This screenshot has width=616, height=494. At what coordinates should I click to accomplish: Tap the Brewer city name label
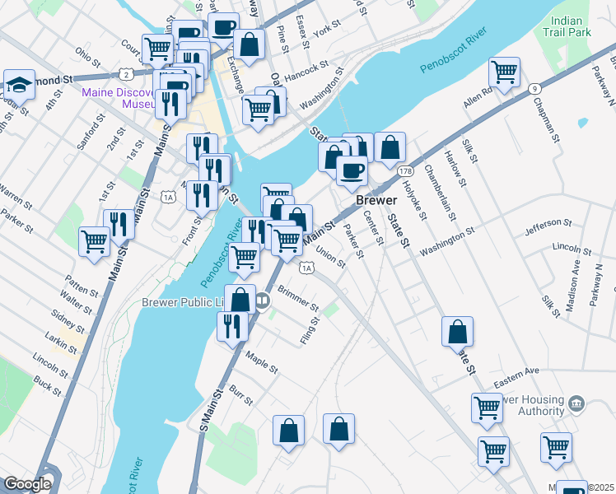[x=377, y=200]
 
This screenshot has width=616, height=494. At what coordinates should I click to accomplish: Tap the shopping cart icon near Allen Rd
[x=504, y=72]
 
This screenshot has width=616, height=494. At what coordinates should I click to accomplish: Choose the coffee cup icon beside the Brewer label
[x=352, y=170]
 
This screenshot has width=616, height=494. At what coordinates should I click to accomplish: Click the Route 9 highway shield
[x=534, y=88]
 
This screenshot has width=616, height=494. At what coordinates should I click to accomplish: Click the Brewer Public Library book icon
[x=262, y=301]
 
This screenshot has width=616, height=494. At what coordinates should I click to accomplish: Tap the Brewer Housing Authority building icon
[x=576, y=403]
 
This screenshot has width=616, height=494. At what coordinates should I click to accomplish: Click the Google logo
[x=27, y=484]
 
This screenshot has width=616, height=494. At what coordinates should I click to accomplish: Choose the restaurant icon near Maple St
[x=232, y=326]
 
